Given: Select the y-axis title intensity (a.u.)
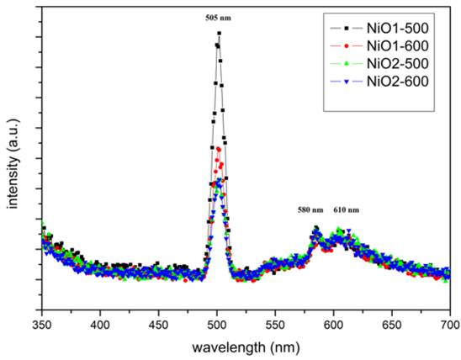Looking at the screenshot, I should (x=12, y=163).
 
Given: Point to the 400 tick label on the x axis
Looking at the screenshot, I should (x=100, y=323).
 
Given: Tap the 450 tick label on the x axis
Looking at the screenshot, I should (x=158, y=323).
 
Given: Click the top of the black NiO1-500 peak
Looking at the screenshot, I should (x=219, y=34).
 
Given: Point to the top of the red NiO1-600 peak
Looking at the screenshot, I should (x=219, y=150).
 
